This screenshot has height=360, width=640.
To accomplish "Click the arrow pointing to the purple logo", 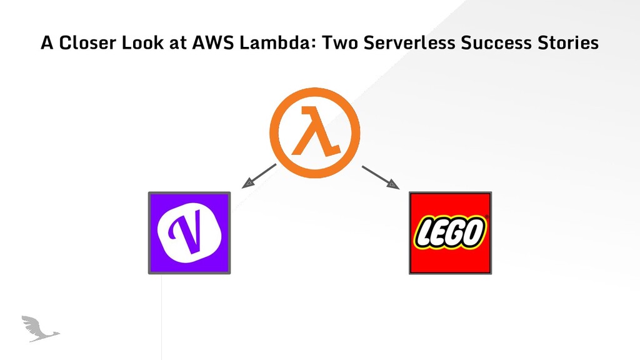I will [x=258, y=175].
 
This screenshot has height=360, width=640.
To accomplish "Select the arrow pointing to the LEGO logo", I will [x=379, y=176].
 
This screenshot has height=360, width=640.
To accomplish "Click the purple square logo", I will [x=189, y=232].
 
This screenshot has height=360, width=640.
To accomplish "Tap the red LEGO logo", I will [x=450, y=232].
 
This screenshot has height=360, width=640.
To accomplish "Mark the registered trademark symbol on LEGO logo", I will [x=487, y=218].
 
